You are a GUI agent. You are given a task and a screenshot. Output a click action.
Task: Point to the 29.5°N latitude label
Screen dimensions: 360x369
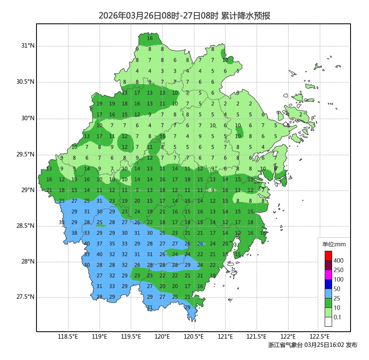(25, 154)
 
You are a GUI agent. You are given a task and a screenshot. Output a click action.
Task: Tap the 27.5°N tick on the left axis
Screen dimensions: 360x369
(25, 297)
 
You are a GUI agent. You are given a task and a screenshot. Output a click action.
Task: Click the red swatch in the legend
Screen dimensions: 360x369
(328, 255)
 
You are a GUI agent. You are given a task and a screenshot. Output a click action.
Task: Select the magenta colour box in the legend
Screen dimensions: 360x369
(328, 274)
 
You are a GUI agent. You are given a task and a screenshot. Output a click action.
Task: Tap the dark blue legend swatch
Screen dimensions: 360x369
(328, 284)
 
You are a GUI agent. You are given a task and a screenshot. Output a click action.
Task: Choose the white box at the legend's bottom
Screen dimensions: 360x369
(328, 322)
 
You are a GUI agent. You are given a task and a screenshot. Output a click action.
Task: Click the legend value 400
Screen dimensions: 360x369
(338, 261)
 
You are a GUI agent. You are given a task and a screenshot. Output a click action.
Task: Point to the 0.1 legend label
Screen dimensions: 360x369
(337, 317)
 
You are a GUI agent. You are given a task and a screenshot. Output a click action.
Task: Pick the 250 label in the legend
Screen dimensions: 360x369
(338, 270)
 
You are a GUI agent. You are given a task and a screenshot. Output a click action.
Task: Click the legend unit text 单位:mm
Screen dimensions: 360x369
(334, 245)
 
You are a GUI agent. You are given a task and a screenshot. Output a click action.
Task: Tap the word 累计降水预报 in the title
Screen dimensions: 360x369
(246, 16)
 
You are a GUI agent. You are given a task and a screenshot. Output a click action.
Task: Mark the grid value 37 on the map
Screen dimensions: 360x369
(99, 244)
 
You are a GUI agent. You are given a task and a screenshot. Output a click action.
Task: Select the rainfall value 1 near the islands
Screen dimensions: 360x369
(301, 93)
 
